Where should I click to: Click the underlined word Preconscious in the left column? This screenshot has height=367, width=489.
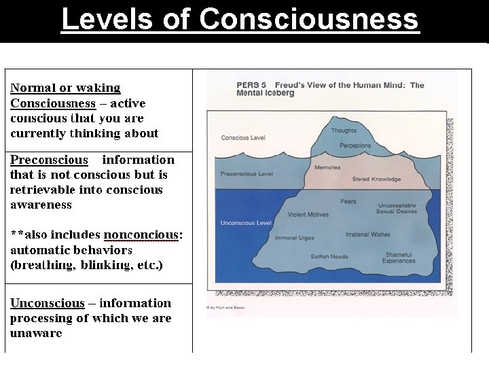[49, 160]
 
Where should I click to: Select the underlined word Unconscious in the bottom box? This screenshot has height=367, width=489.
[48, 303]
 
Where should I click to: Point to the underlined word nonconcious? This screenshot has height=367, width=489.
[141, 235]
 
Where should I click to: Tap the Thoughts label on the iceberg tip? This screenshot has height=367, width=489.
[344, 130]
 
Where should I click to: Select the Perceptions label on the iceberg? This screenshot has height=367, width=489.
[355, 145]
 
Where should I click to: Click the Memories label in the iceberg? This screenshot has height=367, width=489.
[327, 167]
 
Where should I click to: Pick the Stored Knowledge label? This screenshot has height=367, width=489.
[376, 179]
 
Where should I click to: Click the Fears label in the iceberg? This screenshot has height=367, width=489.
[348, 202]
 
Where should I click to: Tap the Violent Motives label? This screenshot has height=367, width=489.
[308, 215]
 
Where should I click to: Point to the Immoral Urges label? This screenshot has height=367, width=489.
[295, 238]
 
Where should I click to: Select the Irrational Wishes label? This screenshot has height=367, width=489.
[367, 234]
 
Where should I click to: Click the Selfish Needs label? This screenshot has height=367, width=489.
[329, 257]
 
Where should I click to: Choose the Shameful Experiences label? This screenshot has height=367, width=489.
[399, 257]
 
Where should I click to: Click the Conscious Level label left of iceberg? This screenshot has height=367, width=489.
[243, 138]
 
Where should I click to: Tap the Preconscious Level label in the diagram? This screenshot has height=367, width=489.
[247, 174]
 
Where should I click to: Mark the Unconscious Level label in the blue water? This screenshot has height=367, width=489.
[246, 223]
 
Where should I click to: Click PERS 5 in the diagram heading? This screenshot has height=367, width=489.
[248, 85]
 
